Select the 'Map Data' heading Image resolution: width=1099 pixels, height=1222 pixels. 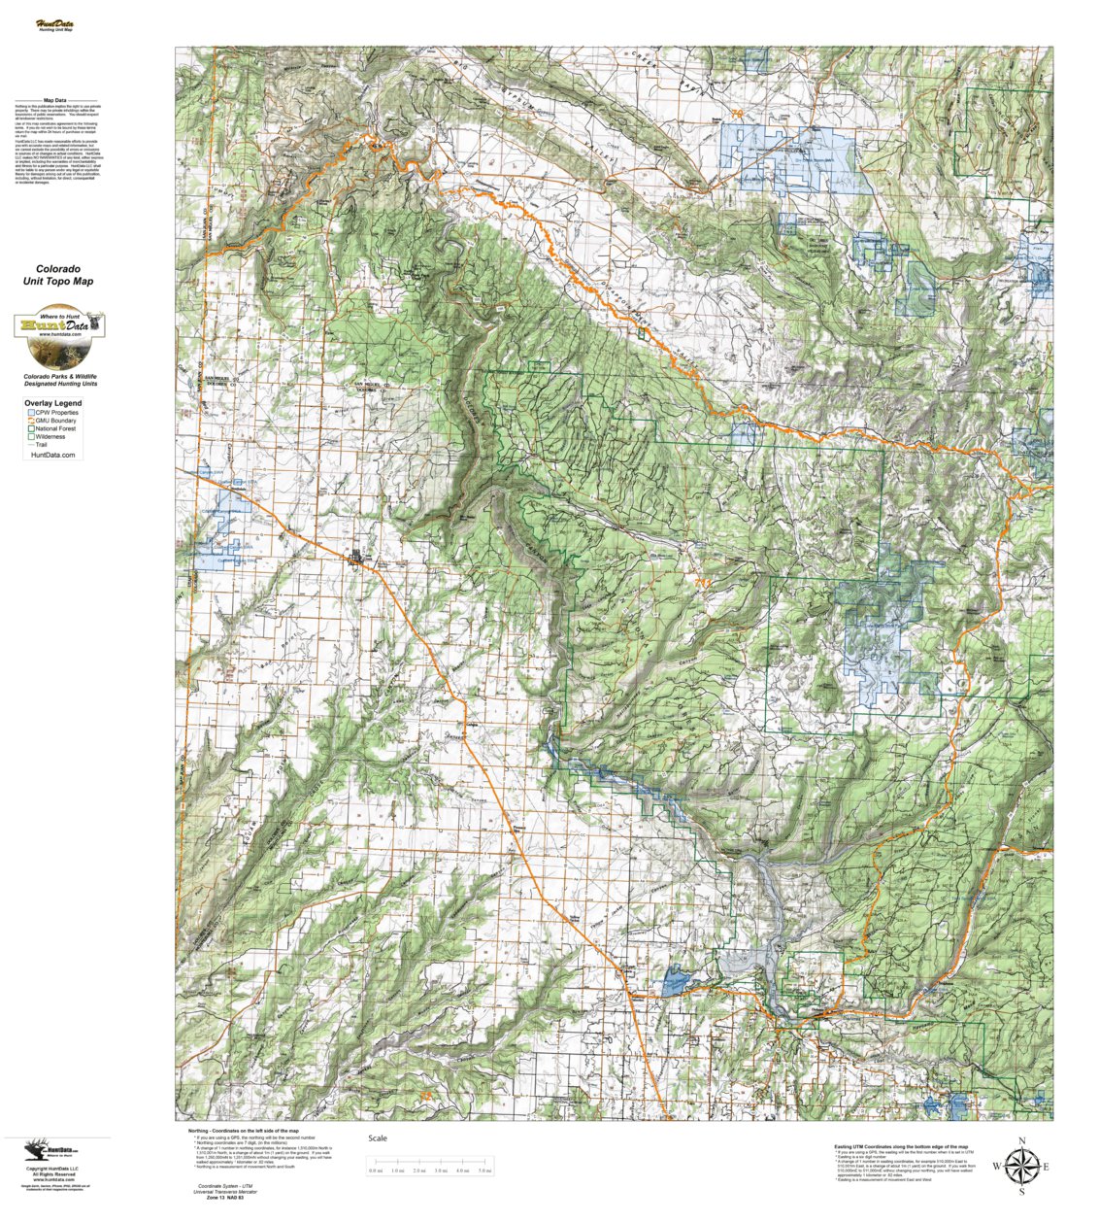54,100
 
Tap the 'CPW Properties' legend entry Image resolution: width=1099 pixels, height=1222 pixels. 57,413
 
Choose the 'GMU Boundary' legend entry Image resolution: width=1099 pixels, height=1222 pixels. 57,421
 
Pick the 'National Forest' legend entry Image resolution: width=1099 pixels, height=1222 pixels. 57,428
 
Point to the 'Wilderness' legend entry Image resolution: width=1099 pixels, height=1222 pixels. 50,437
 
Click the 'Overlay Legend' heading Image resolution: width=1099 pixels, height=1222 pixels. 53,403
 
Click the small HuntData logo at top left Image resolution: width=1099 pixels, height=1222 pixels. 54,24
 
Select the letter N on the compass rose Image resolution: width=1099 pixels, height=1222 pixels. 1021,1141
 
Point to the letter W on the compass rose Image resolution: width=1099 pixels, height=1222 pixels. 997,1167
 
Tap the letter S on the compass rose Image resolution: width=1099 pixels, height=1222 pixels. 1021,1192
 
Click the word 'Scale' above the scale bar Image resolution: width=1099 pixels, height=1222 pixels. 377,1138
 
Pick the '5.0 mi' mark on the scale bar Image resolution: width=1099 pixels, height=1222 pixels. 484,1171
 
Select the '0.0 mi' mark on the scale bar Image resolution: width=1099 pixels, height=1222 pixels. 376,1171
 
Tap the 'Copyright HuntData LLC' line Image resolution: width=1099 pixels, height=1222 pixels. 54,1169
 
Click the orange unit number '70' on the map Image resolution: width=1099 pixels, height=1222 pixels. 738,115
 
